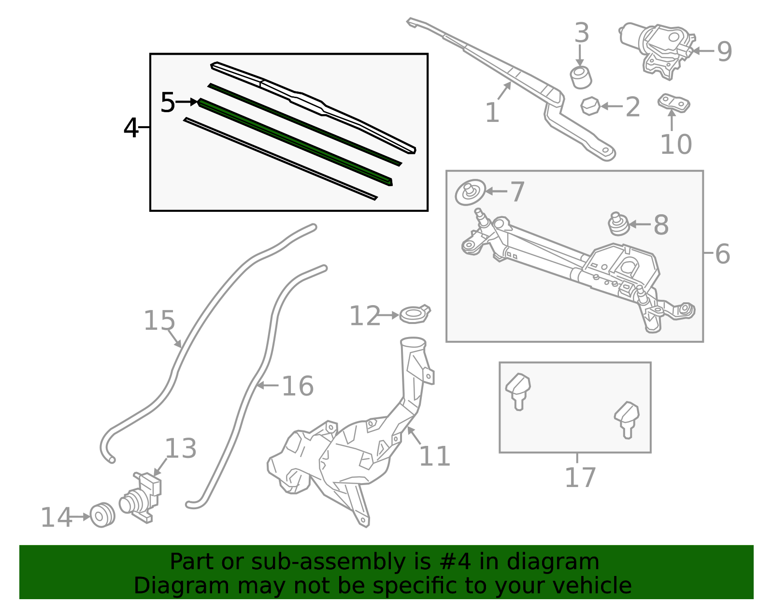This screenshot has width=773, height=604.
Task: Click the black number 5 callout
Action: pos(168,103)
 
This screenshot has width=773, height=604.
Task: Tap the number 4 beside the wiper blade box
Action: pos(131,129)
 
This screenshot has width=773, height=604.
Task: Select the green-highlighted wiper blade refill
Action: pos(295,142)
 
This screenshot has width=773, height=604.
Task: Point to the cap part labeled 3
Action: pos(581,77)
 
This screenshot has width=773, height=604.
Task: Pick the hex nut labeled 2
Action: pos(590,106)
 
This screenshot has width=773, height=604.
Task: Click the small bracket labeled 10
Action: pos(673,103)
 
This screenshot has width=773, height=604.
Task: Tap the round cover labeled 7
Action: pos(470,192)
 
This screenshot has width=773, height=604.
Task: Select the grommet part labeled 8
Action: pos(618,224)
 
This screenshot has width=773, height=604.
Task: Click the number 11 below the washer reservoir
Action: pos(435,456)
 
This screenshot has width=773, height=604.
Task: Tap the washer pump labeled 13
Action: pos(141,498)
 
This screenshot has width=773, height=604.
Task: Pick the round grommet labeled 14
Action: pos(102,516)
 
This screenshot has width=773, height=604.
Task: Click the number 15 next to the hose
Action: pos(159,321)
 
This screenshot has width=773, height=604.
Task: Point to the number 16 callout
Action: pos(298,386)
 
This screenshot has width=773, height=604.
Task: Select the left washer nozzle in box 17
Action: pos(518,390)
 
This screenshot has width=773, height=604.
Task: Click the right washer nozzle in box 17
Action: pos(627,418)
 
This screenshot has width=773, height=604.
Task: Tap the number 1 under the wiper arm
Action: pos(492,113)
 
